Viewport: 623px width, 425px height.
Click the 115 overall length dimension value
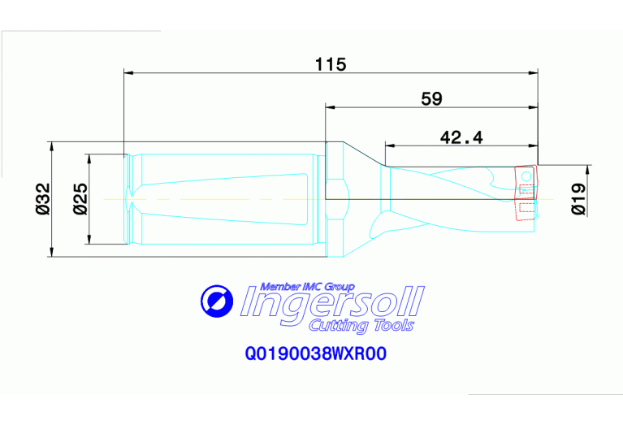[331, 64]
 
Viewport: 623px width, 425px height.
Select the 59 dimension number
[432, 98]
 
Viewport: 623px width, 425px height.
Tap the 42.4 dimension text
[461, 137]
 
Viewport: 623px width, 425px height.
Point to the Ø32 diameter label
[43, 199]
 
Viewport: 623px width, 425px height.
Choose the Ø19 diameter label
[579, 198]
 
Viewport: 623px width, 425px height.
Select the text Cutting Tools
[361, 326]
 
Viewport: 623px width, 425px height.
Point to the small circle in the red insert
[526, 176]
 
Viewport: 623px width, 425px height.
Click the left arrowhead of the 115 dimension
[128, 72]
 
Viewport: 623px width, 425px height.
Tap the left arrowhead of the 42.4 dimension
[389, 146]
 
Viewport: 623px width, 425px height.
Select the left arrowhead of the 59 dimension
[330, 106]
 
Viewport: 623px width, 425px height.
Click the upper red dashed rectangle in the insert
[526, 190]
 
